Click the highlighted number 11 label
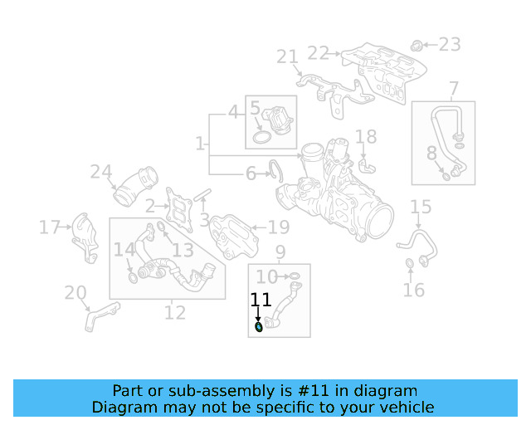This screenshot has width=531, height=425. (x=261, y=300)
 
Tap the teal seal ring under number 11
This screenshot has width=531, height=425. (x=258, y=328)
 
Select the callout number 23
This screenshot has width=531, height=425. (x=449, y=44)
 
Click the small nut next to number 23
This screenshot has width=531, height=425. (x=418, y=43)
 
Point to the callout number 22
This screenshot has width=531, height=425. (x=319, y=52)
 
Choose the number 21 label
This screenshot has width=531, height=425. (x=287, y=56)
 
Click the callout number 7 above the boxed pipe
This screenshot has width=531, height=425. (x=453, y=89)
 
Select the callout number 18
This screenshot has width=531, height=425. (x=366, y=137)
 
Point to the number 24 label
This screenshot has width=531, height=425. (x=100, y=173)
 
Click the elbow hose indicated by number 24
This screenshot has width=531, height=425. (x=135, y=188)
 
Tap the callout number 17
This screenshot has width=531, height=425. (x=50, y=227)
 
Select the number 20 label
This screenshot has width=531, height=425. (x=76, y=292)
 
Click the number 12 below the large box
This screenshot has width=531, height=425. (x=174, y=313)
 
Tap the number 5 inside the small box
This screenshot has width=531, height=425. (x=255, y=108)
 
